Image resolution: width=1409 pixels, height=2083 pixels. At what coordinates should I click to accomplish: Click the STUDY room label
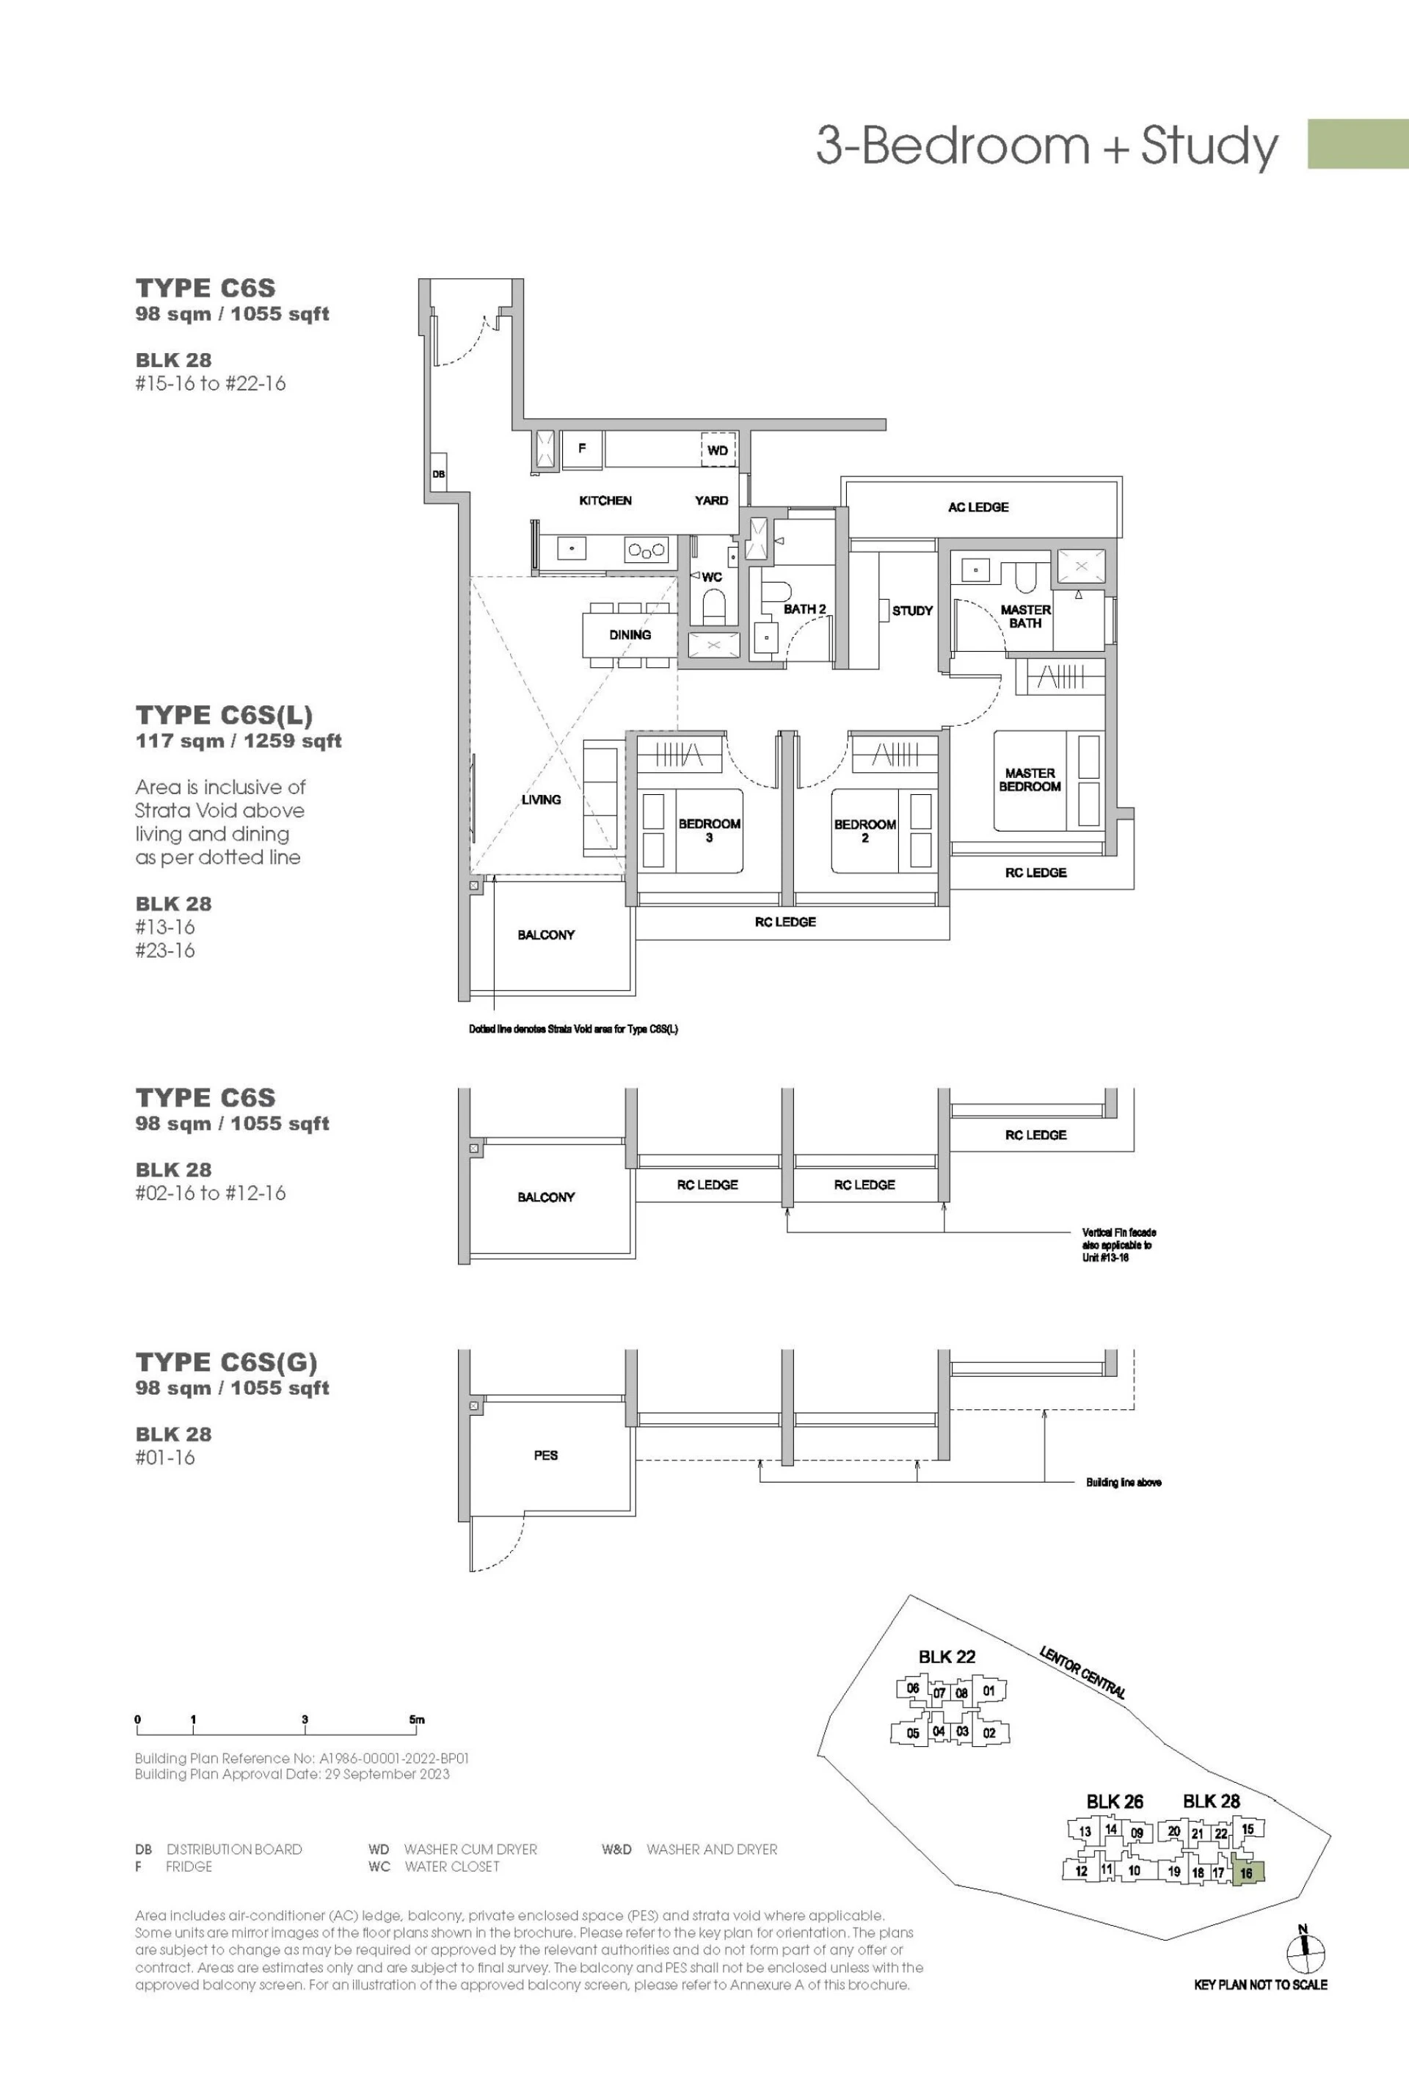click(912, 611)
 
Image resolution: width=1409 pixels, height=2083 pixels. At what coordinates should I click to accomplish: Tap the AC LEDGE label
click(978, 507)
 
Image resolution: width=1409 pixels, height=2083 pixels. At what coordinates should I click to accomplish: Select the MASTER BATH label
click(1025, 617)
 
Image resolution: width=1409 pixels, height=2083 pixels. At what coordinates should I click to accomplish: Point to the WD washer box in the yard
click(718, 450)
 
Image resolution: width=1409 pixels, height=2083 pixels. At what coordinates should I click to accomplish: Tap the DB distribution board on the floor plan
click(438, 474)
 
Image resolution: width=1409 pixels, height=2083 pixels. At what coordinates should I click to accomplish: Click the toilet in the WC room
click(713, 609)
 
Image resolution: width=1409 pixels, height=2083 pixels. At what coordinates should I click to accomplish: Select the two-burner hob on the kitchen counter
click(647, 550)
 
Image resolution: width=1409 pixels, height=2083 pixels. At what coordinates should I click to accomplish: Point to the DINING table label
click(630, 635)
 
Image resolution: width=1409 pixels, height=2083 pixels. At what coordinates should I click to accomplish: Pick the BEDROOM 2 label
click(865, 831)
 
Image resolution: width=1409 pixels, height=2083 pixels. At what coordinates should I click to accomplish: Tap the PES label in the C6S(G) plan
click(546, 1455)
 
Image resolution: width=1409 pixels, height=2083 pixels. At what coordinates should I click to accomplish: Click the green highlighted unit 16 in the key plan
click(1248, 1873)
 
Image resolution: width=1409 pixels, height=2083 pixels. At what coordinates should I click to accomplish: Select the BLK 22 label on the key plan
click(947, 1657)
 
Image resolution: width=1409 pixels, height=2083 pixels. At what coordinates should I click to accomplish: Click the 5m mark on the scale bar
click(417, 1719)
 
